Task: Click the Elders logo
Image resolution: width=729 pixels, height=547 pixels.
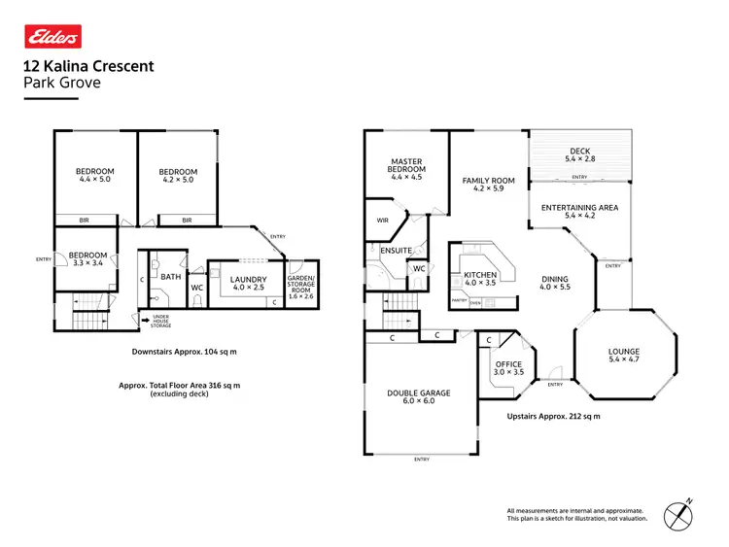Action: pyautogui.click(x=52, y=37)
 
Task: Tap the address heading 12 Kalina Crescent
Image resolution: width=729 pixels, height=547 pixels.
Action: pyautogui.click(x=87, y=67)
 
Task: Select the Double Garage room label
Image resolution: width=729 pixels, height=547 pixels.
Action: pyautogui.click(x=418, y=393)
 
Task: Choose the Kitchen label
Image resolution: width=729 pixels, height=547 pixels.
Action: pyautogui.click(x=480, y=276)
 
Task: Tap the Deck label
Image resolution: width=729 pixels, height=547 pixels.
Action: pyautogui.click(x=578, y=151)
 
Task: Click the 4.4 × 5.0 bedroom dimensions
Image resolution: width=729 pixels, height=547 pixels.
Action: pyautogui.click(x=95, y=180)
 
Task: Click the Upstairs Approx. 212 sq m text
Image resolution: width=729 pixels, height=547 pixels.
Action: pyautogui.click(x=553, y=417)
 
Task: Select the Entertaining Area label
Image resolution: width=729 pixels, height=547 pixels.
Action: pyautogui.click(x=579, y=207)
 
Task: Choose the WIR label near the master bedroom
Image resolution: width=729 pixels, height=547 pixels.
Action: pyautogui.click(x=382, y=221)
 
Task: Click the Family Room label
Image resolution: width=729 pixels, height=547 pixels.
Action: pyautogui.click(x=488, y=181)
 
